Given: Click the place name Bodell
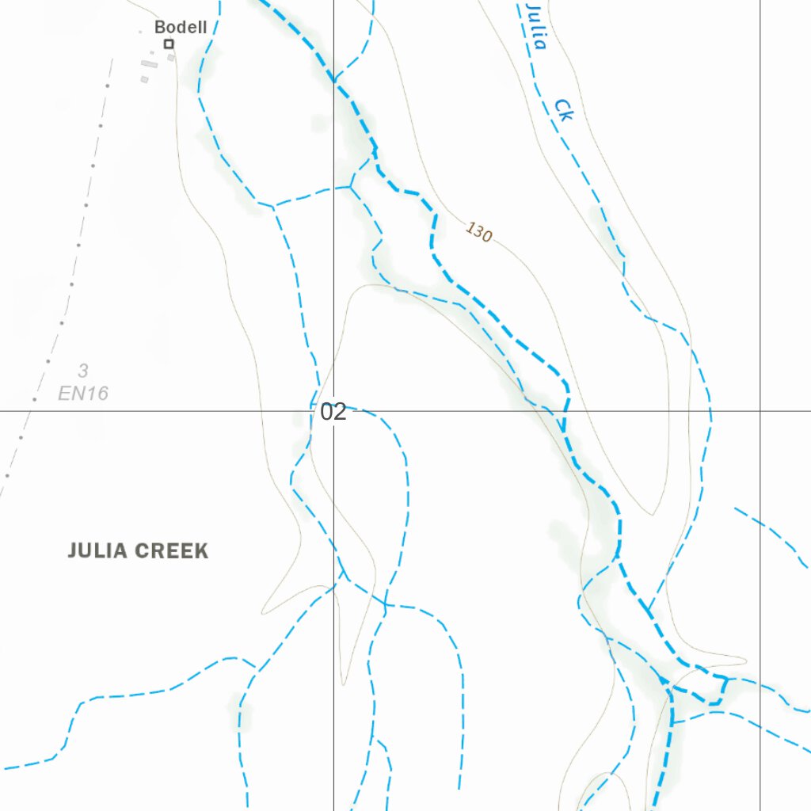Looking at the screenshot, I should click(181, 27).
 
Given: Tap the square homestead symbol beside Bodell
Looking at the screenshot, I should click(169, 44).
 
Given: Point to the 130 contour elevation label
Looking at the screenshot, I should click(478, 232).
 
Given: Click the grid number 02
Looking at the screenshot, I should click(333, 412).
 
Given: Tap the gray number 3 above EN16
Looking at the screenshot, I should click(83, 370).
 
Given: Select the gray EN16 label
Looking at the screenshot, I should click(83, 393).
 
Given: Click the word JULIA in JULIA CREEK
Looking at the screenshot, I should click(99, 551).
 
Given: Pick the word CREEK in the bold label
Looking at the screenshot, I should click(173, 551).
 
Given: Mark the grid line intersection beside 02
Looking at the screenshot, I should click(333, 411).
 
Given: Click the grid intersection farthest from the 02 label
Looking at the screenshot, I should click(760, 411).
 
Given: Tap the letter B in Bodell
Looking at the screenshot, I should click(159, 27).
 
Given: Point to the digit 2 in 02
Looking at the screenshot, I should click(340, 412).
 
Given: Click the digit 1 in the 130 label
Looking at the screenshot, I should click(470, 228).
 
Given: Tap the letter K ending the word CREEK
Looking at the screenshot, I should click(202, 551).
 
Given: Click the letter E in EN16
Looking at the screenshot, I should click(64, 393).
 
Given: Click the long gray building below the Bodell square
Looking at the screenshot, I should click(147, 63).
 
